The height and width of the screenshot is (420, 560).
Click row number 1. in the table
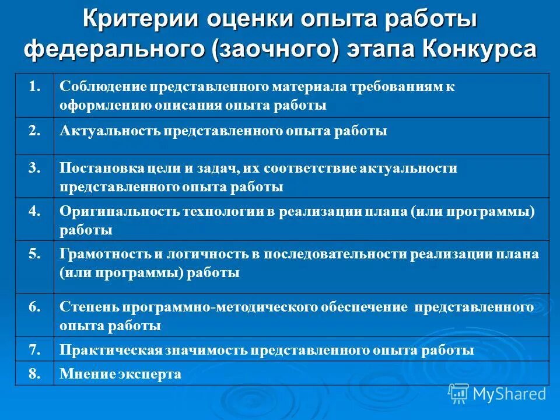pos(34,86)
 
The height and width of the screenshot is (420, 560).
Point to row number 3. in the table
pos(34,167)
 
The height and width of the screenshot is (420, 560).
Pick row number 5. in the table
pos(34,253)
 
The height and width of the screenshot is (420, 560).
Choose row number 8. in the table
pos(34,373)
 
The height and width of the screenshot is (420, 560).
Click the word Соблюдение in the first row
pos(103,86)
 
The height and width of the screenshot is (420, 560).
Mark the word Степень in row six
pos(84,307)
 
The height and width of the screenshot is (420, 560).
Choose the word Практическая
pos(111,351)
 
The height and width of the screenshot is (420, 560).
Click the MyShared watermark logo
pos(498,394)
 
